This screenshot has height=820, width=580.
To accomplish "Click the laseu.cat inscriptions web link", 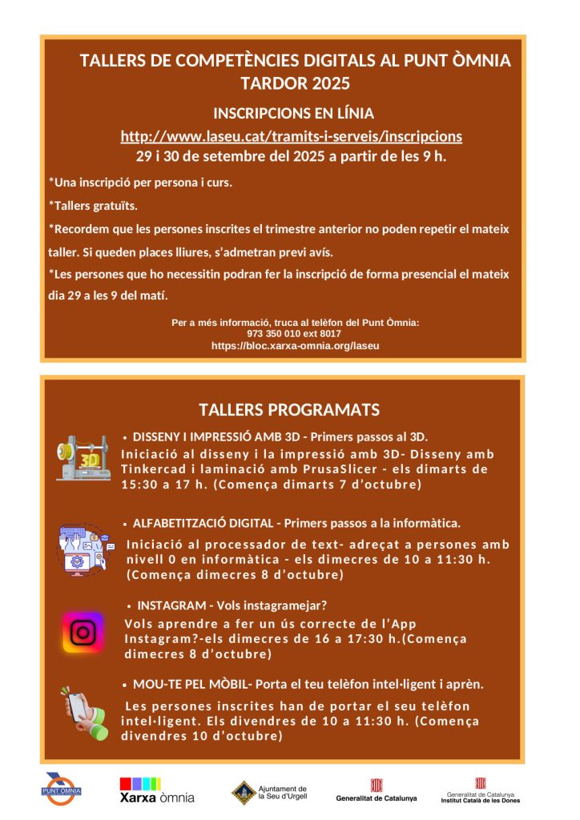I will pyautogui.click(x=291, y=136).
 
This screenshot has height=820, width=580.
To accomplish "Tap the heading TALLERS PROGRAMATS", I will pyautogui.click(x=289, y=410).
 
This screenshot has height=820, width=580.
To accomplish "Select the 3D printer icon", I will pyautogui.click(x=83, y=459).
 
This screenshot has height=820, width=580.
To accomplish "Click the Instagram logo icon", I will pyautogui.click(x=83, y=633).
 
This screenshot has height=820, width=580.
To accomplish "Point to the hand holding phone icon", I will pyautogui.click(x=84, y=713).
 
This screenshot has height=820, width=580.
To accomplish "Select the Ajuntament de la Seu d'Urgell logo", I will pyautogui.click(x=268, y=793).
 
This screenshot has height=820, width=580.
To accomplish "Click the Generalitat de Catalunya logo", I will pyautogui.click(x=377, y=790).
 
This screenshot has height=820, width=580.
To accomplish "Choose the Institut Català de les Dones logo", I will pyautogui.click(x=481, y=790).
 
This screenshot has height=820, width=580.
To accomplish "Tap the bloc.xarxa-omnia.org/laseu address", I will pyautogui.click(x=295, y=345).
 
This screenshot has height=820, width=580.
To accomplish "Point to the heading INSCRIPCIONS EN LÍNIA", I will pyautogui.click(x=293, y=114).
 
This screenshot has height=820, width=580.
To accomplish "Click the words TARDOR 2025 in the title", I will pyautogui.click(x=295, y=83).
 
